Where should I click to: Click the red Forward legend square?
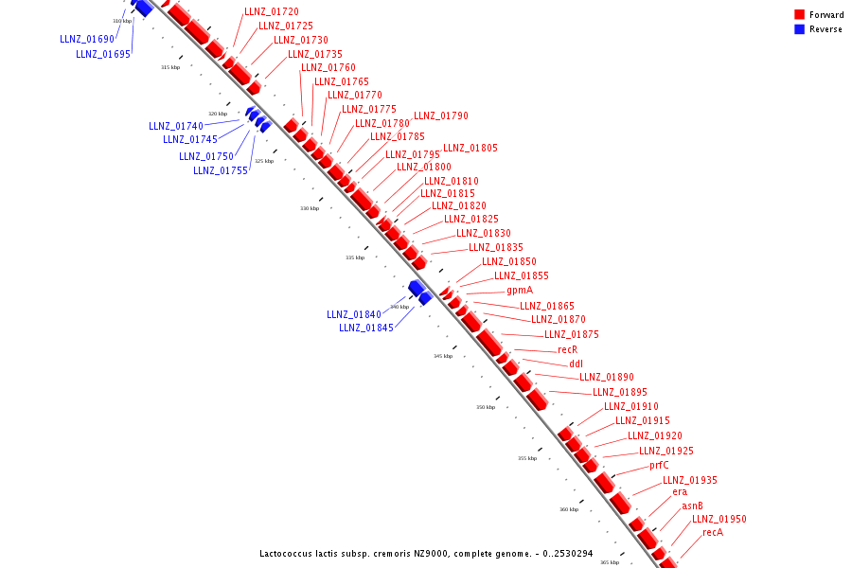click(800, 15)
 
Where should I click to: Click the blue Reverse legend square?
click(800, 29)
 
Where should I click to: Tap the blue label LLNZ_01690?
click(87, 40)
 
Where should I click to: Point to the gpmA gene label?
click(520, 291)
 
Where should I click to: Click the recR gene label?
click(567, 349)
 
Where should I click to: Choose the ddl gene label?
click(577, 364)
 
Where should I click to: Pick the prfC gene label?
click(659, 466)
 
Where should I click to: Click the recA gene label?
click(713, 533)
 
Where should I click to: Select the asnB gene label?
click(692, 506)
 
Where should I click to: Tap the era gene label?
click(680, 492)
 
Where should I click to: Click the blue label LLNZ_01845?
click(366, 328)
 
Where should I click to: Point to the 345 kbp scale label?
click(443, 356)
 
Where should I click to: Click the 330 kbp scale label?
click(310, 208)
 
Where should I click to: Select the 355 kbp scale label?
click(527, 458)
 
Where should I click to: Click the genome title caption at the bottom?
click(426, 553)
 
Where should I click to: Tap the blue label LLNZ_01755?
click(221, 171)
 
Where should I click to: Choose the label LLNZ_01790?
click(441, 116)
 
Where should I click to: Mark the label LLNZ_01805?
click(470, 149)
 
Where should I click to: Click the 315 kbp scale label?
click(170, 67)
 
